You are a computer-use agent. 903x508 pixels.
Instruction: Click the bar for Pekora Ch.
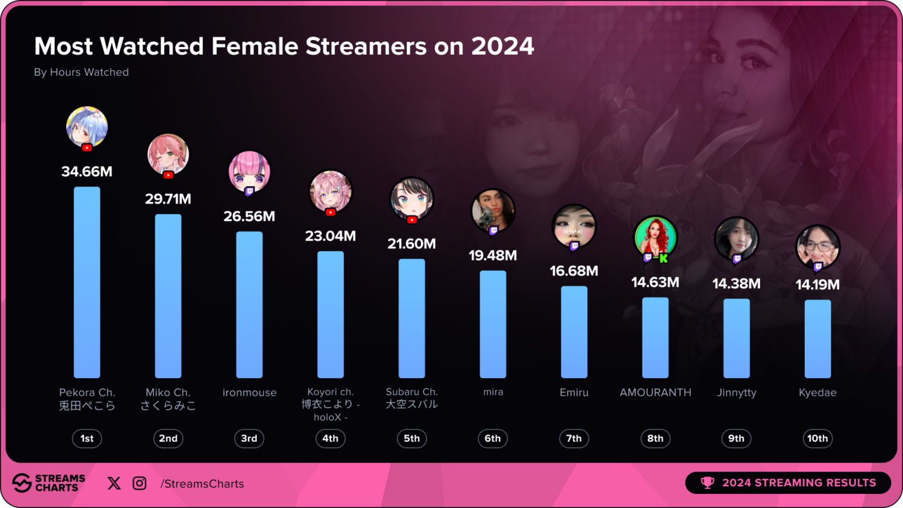tap(87, 282)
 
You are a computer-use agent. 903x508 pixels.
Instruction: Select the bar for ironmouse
tap(249, 305)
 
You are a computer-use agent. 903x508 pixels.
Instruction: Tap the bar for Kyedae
tap(817, 339)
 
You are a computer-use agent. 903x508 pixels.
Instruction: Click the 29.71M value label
tap(168, 199)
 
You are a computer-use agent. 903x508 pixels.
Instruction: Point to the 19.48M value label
tap(493, 256)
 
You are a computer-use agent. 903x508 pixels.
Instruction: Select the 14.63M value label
tap(655, 283)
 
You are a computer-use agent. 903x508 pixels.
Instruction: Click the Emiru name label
tap(574, 393)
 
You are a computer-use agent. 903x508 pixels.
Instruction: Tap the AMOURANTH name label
tap(655, 393)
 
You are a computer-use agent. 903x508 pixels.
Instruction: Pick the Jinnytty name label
tap(736, 393)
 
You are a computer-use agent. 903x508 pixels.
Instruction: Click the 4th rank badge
tap(330, 439)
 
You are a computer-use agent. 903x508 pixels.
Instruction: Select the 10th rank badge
tap(817, 439)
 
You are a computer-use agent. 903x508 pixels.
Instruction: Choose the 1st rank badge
tap(87, 439)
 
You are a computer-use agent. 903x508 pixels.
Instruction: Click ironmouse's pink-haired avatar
tap(249, 172)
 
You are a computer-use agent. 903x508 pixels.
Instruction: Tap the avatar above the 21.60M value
tap(412, 198)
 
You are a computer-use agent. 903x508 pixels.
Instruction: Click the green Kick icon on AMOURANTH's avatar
tap(664, 258)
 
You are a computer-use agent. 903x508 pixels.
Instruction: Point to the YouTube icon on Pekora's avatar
tap(87, 148)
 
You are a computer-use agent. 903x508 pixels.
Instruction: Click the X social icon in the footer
tap(114, 483)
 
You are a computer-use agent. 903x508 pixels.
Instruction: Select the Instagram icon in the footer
tap(139, 483)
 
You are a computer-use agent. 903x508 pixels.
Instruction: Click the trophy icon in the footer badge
tap(707, 483)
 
